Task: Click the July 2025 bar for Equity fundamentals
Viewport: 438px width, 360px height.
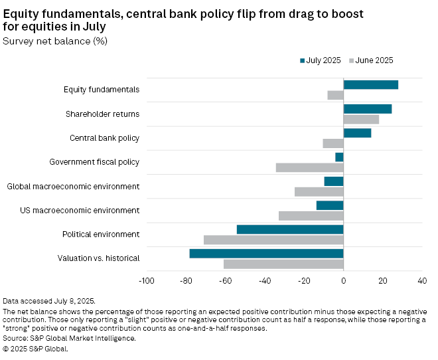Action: tap(370, 84)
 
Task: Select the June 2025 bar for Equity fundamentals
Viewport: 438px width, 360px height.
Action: tap(335, 95)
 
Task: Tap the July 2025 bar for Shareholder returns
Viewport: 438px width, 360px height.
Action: tap(367, 109)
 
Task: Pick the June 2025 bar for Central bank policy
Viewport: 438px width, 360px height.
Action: tap(332, 143)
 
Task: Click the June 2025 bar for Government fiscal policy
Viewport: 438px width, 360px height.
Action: tap(309, 167)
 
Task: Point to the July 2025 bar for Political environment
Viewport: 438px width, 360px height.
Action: tap(290, 229)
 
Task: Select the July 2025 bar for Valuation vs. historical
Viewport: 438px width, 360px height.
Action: tap(266, 253)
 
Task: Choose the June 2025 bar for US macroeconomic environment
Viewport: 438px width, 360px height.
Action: tap(311, 215)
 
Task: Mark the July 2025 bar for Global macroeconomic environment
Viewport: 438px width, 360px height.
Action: tap(333, 181)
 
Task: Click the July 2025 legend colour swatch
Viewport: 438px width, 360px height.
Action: tap(302, 60)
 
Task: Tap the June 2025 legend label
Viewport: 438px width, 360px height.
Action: tap(374, 60)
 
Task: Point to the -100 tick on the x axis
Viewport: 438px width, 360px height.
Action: tap(146, 281)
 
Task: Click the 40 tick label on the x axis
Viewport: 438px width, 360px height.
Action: tap(422, 281)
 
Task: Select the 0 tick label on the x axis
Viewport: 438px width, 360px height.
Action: tap(343, 281)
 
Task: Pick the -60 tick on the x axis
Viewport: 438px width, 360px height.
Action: tap(225, 281)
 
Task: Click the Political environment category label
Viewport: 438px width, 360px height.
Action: tap(101, 234)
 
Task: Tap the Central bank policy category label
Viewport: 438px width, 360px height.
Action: tap(104, 138)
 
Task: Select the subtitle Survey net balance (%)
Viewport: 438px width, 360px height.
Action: tap(55, 41)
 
